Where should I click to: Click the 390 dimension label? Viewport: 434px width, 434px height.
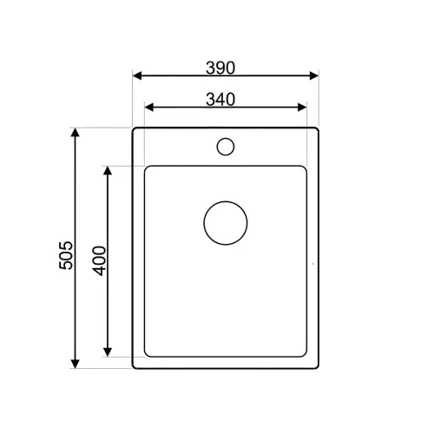coord(220,68)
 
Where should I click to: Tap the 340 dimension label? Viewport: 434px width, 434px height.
coord(220,100)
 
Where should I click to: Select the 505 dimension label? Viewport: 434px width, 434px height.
coord(66,255)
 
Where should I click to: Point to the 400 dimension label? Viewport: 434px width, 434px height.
coord(99,260)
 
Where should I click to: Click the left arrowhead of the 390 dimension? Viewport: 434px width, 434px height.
coord(137,76)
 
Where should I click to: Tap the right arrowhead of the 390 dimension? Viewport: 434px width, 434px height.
coord(314,76)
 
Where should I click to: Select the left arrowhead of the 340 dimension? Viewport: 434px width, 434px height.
coord(149,108)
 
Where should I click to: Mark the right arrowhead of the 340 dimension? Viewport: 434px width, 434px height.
coord(302,108)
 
